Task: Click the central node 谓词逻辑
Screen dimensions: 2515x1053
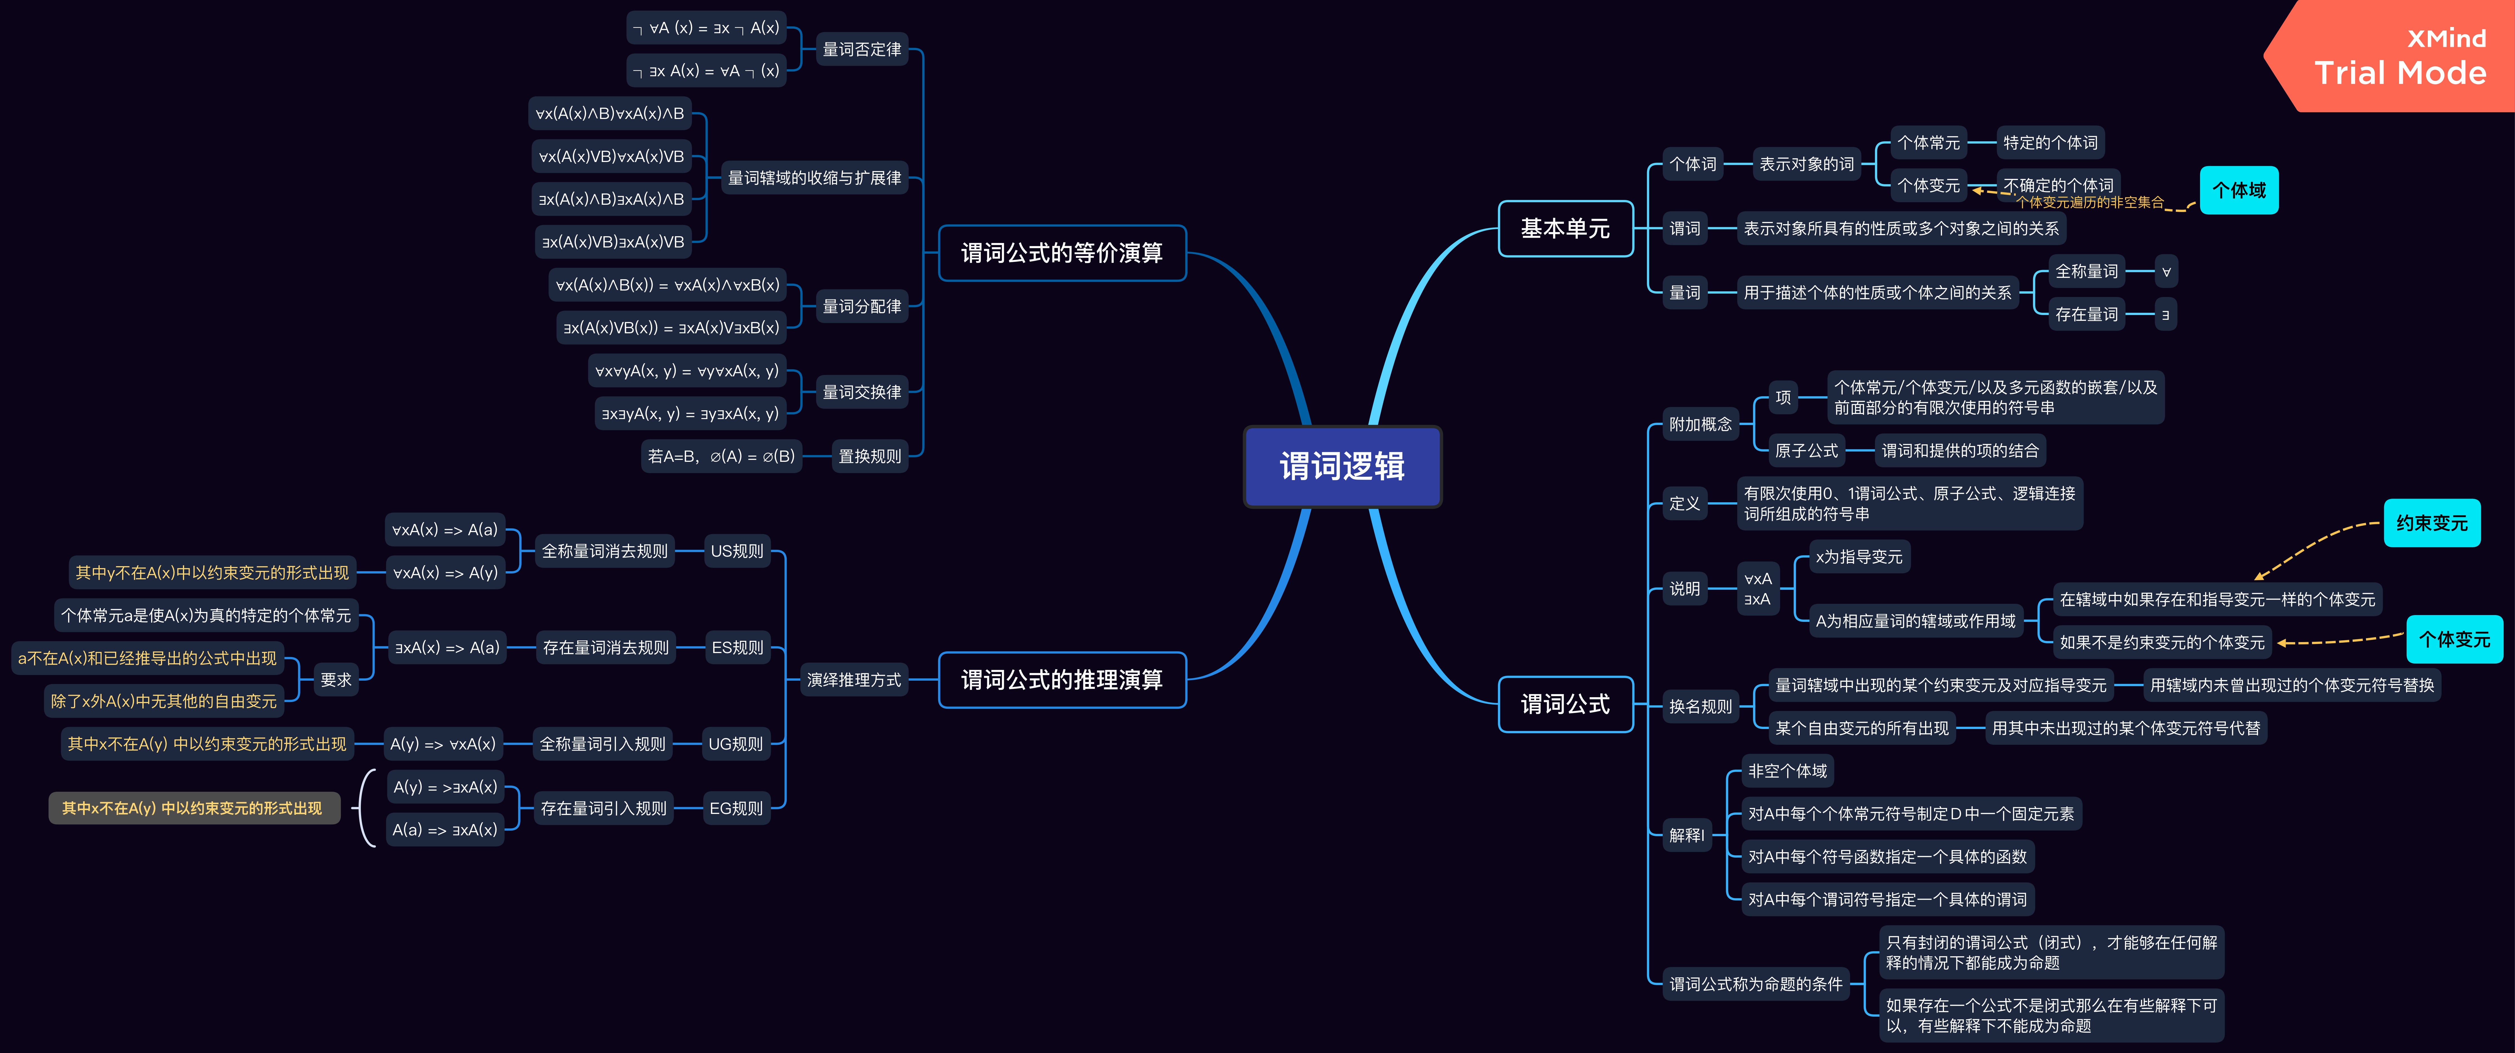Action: point(1342,467)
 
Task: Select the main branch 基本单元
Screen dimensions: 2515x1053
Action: point(1565,228)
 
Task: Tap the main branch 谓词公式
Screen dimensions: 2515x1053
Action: point(1565,704)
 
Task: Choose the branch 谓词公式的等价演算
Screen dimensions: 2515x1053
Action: point(1062,253)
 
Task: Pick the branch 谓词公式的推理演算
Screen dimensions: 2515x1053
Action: point(1062,679)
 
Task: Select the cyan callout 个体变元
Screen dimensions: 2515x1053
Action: point(2454,639)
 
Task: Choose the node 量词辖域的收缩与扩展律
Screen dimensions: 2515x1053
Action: point(814,178)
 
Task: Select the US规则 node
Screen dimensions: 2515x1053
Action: point(737,551)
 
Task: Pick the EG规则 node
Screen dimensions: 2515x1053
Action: point(736,808)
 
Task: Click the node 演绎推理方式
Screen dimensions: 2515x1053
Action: point(854,679)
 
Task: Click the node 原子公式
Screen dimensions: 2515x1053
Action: point(1806,451)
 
